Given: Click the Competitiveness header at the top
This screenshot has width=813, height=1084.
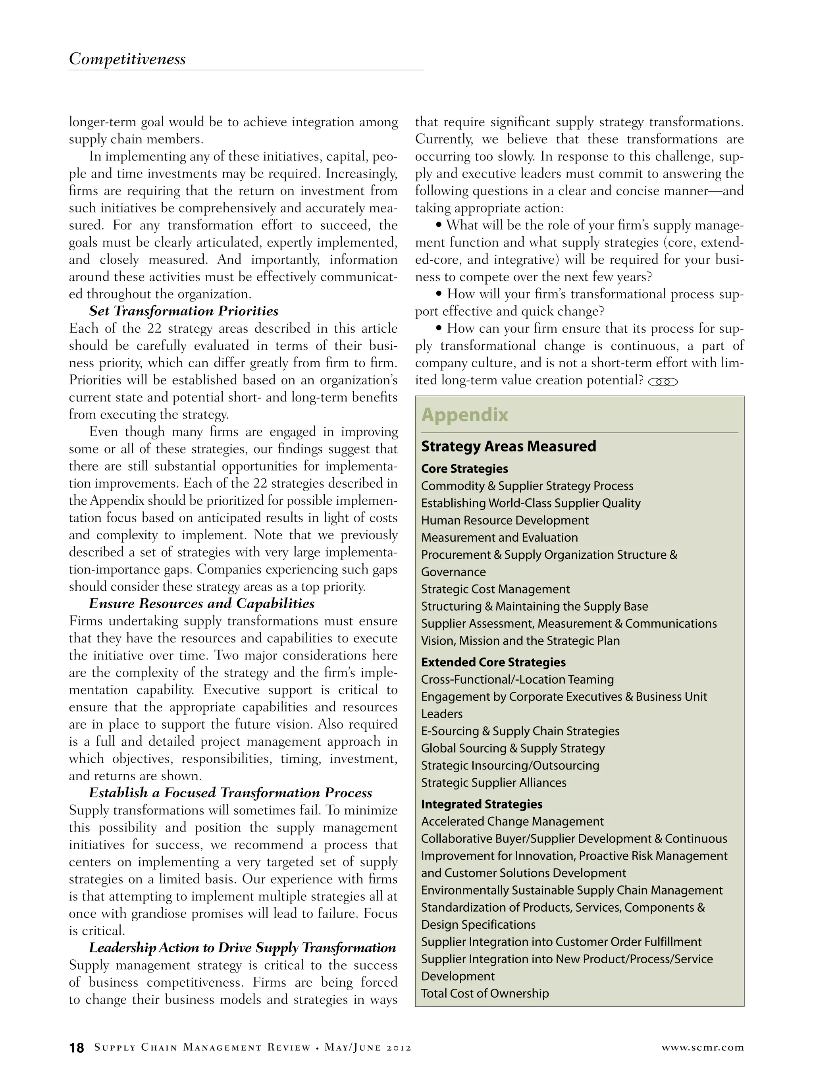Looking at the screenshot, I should click(127, 59).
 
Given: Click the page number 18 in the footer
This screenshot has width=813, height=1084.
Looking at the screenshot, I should click(77, 1048).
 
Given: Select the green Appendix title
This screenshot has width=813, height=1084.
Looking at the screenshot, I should click(464, 415).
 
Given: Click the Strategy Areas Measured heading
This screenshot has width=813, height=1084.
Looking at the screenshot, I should click(508, 446).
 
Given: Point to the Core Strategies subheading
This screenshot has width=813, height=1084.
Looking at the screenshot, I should click(464, 469).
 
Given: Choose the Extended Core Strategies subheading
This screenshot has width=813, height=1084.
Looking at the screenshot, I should click(493, 662).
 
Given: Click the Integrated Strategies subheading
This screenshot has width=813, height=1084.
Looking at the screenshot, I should click(481, 804).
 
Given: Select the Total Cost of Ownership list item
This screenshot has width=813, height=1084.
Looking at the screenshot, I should click(485, 993).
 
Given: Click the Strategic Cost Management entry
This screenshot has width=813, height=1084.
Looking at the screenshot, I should click(495, 589).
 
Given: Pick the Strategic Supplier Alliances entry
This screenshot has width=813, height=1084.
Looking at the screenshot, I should click(493, 783).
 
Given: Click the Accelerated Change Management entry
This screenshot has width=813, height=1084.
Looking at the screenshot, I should click(512, 821).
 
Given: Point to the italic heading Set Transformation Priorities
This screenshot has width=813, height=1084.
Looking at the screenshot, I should click(184, 311).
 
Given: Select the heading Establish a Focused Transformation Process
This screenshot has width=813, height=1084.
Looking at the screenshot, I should click(230, 793).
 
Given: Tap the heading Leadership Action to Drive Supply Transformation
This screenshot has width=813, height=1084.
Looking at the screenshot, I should click(242, 948).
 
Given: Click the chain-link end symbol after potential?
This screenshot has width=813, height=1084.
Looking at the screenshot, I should click(663, 382).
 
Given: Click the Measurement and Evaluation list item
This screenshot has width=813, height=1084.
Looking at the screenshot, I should click(499, 538).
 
